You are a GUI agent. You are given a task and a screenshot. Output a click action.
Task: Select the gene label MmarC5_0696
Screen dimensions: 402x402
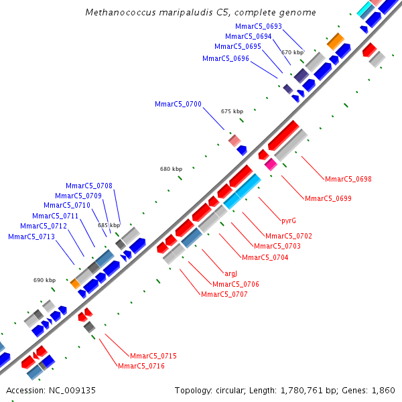point(226,58)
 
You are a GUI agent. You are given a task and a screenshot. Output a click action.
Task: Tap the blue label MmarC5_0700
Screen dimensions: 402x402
point(178,104)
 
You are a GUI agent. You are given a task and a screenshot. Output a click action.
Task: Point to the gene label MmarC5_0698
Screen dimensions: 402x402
point(348,179)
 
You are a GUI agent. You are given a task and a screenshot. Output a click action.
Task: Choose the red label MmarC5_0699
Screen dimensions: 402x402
point(328,198)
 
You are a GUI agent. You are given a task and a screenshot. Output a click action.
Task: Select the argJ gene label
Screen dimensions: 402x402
point(230,273)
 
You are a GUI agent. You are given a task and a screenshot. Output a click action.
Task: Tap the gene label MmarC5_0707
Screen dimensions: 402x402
point(224,294)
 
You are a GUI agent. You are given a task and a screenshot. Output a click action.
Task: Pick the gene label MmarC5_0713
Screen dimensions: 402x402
point(31,237)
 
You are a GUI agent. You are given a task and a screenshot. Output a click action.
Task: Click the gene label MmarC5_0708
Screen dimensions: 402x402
point(88,186)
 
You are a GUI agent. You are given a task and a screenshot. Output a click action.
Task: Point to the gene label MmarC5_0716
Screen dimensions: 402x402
point(141,366)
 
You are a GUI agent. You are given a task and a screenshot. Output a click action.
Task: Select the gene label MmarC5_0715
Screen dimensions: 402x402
point(153,356)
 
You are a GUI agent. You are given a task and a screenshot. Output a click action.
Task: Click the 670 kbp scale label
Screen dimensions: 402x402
point(292,52)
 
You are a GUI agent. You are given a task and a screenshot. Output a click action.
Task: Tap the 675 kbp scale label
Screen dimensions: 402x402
point(232,111)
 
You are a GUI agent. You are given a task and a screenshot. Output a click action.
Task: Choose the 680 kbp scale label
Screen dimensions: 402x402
point(171,170)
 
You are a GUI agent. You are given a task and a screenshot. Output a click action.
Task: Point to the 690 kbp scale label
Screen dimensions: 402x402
point(45,280)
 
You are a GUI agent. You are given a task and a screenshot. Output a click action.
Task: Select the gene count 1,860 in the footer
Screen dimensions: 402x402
point(383,390)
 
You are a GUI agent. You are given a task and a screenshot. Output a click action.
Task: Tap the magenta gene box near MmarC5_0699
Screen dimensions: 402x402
point(271,163)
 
